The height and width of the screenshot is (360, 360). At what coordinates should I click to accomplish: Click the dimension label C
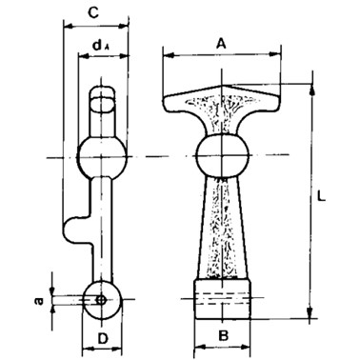(92, 13)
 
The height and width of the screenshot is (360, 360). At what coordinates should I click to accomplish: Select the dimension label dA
(101, 46)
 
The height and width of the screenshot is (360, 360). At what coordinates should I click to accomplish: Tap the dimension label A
(221, 44)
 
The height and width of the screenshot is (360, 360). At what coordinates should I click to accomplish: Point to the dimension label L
(321, 196)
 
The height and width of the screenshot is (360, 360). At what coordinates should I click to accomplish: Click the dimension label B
(224, 335)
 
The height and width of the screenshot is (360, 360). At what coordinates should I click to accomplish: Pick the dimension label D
(102, 339)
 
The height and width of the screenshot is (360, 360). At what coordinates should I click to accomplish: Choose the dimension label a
(39, 301)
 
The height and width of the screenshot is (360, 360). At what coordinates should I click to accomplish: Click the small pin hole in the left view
(101, 299)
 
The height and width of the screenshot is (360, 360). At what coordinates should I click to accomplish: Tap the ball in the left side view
(102, 157)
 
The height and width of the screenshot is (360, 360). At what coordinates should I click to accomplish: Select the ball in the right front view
(222, 155)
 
